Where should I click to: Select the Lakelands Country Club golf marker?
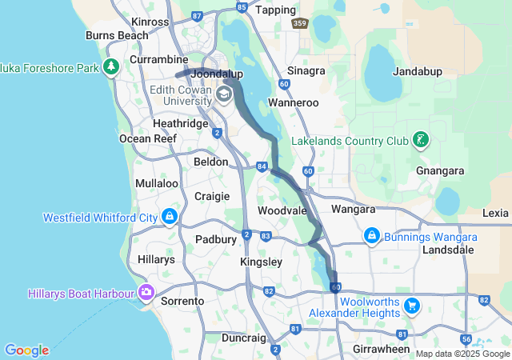pos(419,141)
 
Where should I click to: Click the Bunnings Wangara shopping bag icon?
pos(371,237)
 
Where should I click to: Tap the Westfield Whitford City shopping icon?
pos(170,217)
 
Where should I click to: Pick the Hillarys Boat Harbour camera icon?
pos(146,293)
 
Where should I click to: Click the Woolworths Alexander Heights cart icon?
pos(412,306)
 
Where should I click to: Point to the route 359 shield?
pos(299,25)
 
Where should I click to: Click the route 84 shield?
pos(262,166)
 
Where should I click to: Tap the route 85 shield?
pos(242,7)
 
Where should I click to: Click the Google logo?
pos(26,350)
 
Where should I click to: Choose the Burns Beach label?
pos(117,35)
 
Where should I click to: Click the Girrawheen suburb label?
pos(382,350)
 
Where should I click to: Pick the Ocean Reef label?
pos(147,138)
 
